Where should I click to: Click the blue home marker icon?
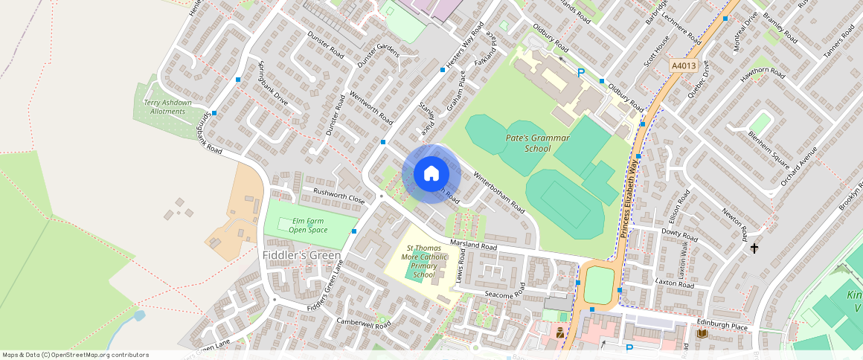click(431, 174)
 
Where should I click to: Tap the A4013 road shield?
click(682, 65)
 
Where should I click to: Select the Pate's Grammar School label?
click(537, 143)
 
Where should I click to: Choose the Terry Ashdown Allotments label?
click(167, 106)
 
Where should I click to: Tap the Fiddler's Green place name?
click(301, 255)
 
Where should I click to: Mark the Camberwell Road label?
click(363, 323)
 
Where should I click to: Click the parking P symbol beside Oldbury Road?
click(581, 73)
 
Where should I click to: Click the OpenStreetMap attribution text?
click(75, 355)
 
